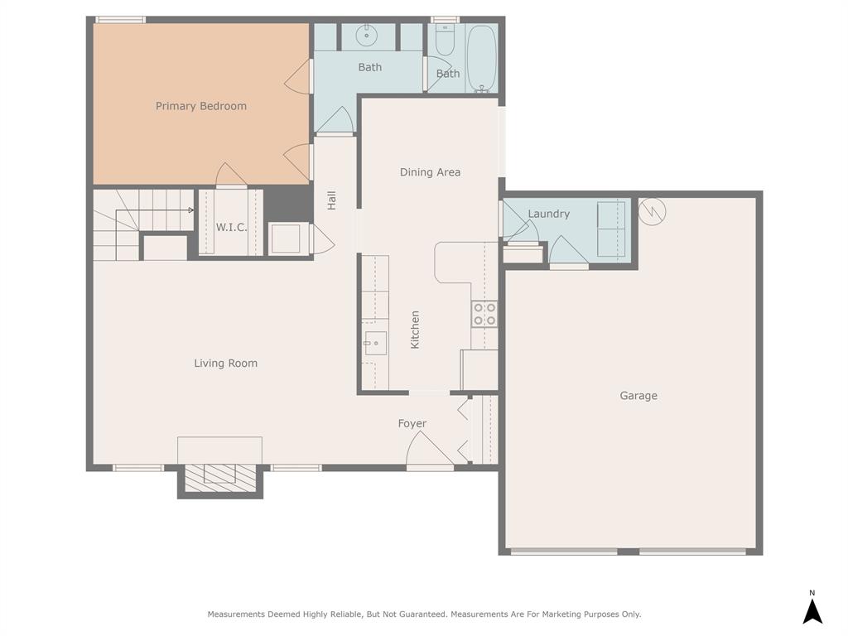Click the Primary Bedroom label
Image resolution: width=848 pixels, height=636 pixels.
[201, 106]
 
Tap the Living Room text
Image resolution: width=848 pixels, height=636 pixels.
[225, 363]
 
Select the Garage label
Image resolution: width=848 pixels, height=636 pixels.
[638, 396]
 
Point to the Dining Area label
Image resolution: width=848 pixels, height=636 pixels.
[430, 172]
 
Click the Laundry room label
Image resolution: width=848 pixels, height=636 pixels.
[548, 214]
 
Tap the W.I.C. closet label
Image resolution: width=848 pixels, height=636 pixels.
[231, 227]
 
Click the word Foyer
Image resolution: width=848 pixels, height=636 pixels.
[412, 423]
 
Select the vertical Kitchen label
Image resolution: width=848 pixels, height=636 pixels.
[415, 329]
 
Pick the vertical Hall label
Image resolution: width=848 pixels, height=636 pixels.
[331, 200]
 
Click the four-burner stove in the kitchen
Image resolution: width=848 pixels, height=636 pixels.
[484, 314]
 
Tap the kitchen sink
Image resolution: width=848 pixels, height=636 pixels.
[375, 342]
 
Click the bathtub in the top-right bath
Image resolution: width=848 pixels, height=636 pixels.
[480, 58]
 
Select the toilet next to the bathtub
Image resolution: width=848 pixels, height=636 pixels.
[445, 40]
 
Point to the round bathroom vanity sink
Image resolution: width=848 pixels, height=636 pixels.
[366, 36]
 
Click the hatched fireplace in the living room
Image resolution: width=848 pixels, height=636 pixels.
[219, 475]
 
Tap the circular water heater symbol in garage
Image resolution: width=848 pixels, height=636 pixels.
[653, 211]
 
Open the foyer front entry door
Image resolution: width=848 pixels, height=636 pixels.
[428, 450]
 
